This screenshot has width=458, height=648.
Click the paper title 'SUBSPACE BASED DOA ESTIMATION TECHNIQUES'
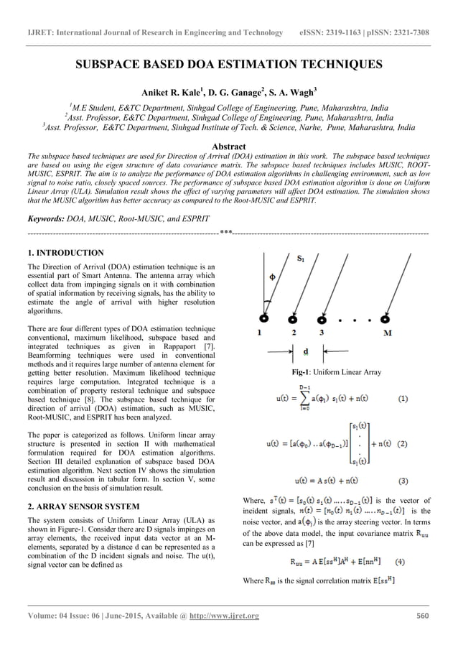(x=228, y=65)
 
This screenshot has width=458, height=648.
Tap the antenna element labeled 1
(x=265, y=318)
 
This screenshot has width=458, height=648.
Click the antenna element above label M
(x=386, y=318)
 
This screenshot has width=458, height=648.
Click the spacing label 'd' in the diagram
(x=307, y=352)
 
